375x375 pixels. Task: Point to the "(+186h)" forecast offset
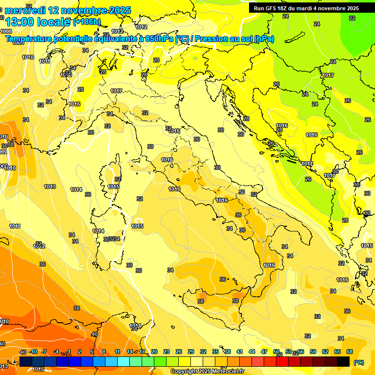(x=86, y=22)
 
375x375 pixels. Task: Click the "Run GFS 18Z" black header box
(x=307, y=8)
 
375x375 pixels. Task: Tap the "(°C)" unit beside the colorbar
(x=358, y=362)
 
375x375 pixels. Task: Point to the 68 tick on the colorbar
(x=350, y=352)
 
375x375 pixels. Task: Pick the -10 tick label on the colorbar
(x=34, y=352)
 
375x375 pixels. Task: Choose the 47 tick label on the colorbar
(x=265, y=352)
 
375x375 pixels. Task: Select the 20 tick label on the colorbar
(x=154, y=352)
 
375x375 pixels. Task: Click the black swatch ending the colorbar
(x=343, y=361)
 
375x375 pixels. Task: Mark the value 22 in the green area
(x=352, y=18)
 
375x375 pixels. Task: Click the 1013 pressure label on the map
(x=50, y=187)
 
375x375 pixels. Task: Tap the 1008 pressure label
(x=6, y=31)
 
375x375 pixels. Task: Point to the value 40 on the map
(x=94, y=334)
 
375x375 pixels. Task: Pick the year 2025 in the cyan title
(x=120, y=10)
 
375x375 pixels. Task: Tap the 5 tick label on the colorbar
(x=92, y=352)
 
